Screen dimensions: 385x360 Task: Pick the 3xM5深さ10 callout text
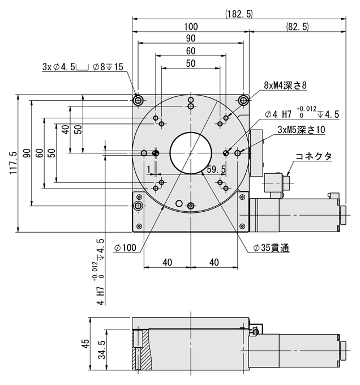pyautogui.click(x=301, y=130)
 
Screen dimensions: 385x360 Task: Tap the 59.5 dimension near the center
pyautogui.click(x=216, y=169)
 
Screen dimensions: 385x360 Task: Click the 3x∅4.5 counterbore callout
pyautogui.click(x=83, y=67)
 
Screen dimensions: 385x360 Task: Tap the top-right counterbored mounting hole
pyautogui.click(x=243, y=100)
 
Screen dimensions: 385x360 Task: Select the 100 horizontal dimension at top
pyautogui.click(x=191, y=27)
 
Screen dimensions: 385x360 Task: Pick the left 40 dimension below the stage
pyautogui.click(x=168, y=262)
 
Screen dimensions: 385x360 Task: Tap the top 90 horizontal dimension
pyautogui.click(x=191, y=39)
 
